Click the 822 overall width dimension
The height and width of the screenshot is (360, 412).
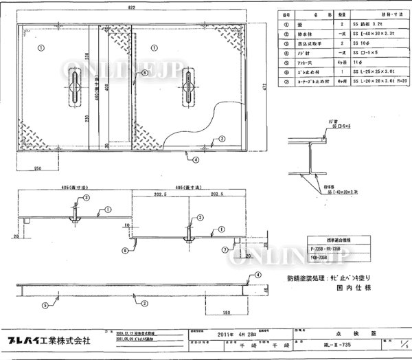pos(130,6)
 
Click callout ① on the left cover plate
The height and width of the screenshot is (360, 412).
pos(41,47)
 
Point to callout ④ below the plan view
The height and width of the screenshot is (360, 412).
pos(196,158)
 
